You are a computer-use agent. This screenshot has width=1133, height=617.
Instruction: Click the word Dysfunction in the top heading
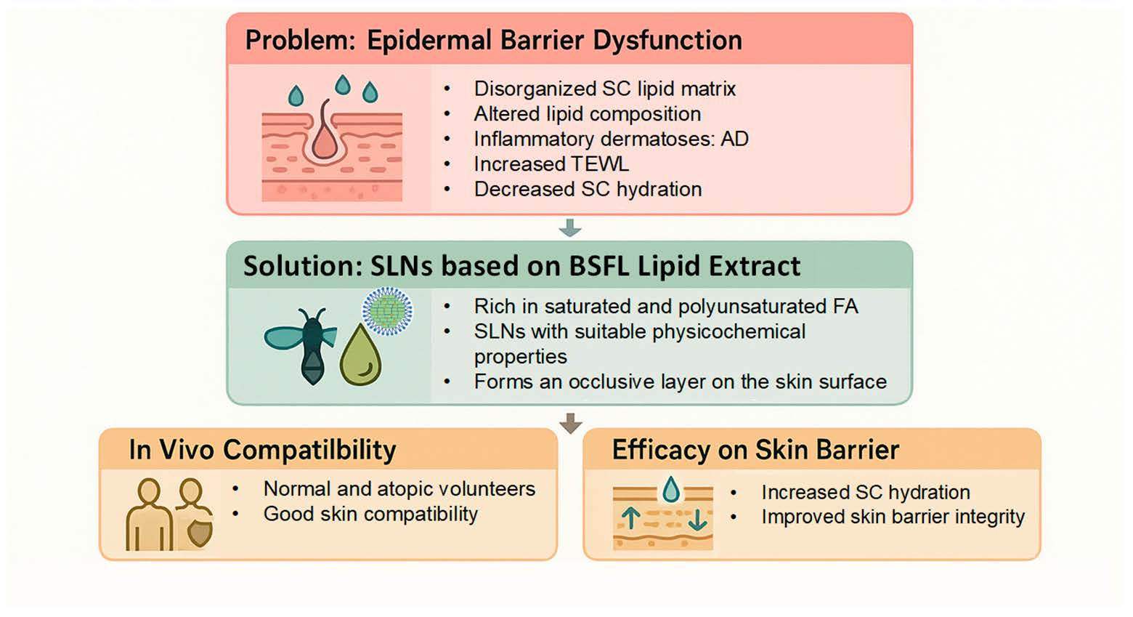coord(667,40)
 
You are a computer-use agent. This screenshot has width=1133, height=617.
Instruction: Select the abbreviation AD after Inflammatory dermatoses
coord(734,139)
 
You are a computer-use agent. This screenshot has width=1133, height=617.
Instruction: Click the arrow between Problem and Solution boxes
coord(570,227)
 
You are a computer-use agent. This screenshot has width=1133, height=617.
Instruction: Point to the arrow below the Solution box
coord(571,423)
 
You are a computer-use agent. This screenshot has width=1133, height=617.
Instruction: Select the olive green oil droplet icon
coord(360,355)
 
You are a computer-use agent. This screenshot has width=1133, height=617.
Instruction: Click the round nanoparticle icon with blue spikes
coord(387,311)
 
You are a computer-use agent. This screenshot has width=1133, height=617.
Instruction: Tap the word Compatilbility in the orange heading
coord(309,450)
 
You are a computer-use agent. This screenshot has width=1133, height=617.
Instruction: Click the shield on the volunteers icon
coord(199,533)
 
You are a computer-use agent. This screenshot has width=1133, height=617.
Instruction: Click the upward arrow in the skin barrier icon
coord(630,518)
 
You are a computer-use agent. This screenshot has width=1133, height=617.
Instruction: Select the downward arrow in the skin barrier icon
coord(697,520)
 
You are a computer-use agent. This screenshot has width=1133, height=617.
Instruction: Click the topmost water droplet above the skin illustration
coord(343,84)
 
